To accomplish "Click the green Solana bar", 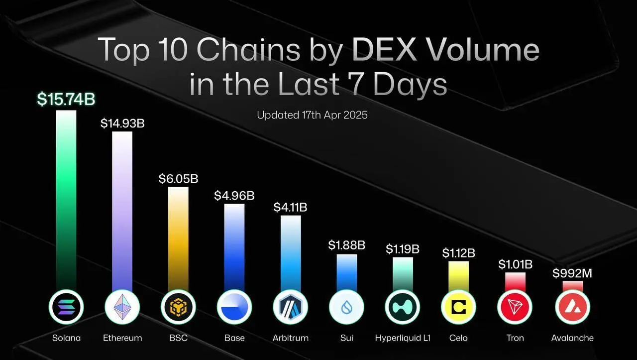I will (x=66, y=199).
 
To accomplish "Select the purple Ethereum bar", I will (x=122, y=209).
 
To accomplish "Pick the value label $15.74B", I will (x=66, y=99).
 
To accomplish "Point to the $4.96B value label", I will (x=234, y=196).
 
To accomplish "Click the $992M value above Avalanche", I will (x=572, y=273).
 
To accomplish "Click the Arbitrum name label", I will (x=290, y=338).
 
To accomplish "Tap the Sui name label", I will (x=346, y=338).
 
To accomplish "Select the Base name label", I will (x=234, y=338).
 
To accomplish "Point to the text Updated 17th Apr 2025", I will (x=312, y=115).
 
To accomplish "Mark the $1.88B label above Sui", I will (x=346, y=245).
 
